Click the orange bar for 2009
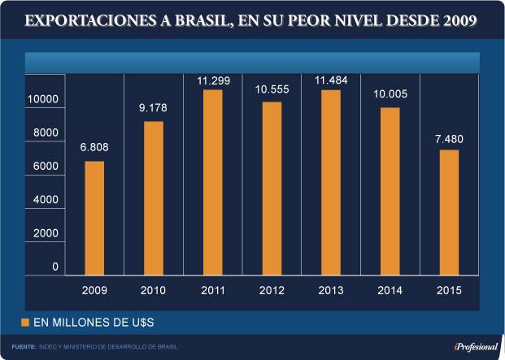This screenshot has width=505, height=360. click(x=94, y=217)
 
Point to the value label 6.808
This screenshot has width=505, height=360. click(x=94, y=147)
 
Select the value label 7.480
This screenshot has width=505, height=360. click(x=448, y=137)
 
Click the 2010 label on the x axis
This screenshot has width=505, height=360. click(x=154, y=289)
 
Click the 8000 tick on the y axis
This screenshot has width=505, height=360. click(x=46, y=132)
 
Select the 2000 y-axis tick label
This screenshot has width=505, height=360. click(x=46, y=233)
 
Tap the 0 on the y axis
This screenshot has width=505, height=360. click(x=55, y=267)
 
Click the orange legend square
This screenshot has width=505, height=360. click(x=24, y=323)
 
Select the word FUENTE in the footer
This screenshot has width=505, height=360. click(x=22, y=347)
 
